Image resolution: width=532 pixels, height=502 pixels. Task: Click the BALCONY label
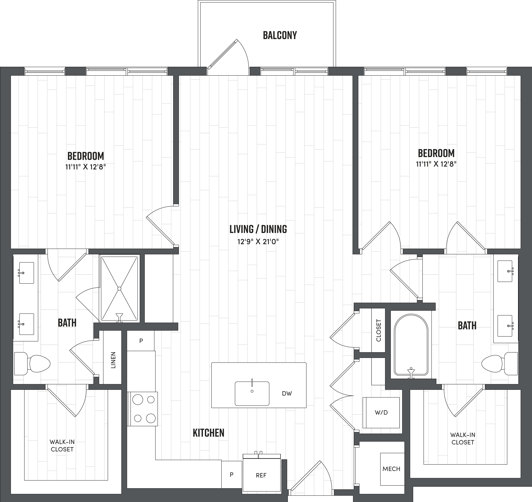[280, 35]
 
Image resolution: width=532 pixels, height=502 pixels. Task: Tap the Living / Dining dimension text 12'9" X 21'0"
[258, 242]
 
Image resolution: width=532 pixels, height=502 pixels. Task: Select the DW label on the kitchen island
[287, 393]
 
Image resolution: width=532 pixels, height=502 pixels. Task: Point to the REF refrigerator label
[261, 475]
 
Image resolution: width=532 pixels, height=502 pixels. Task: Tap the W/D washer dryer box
[381, 412]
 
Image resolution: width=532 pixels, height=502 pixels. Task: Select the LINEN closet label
[113, 360]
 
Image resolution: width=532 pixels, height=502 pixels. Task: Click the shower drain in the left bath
[119, 288]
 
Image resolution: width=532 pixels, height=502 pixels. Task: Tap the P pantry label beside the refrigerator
[232, 474]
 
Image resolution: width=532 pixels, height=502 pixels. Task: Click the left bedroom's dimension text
[86, 167]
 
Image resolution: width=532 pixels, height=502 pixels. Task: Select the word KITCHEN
[209, 433]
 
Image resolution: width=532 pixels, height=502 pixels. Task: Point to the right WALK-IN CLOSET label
[463, 439]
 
